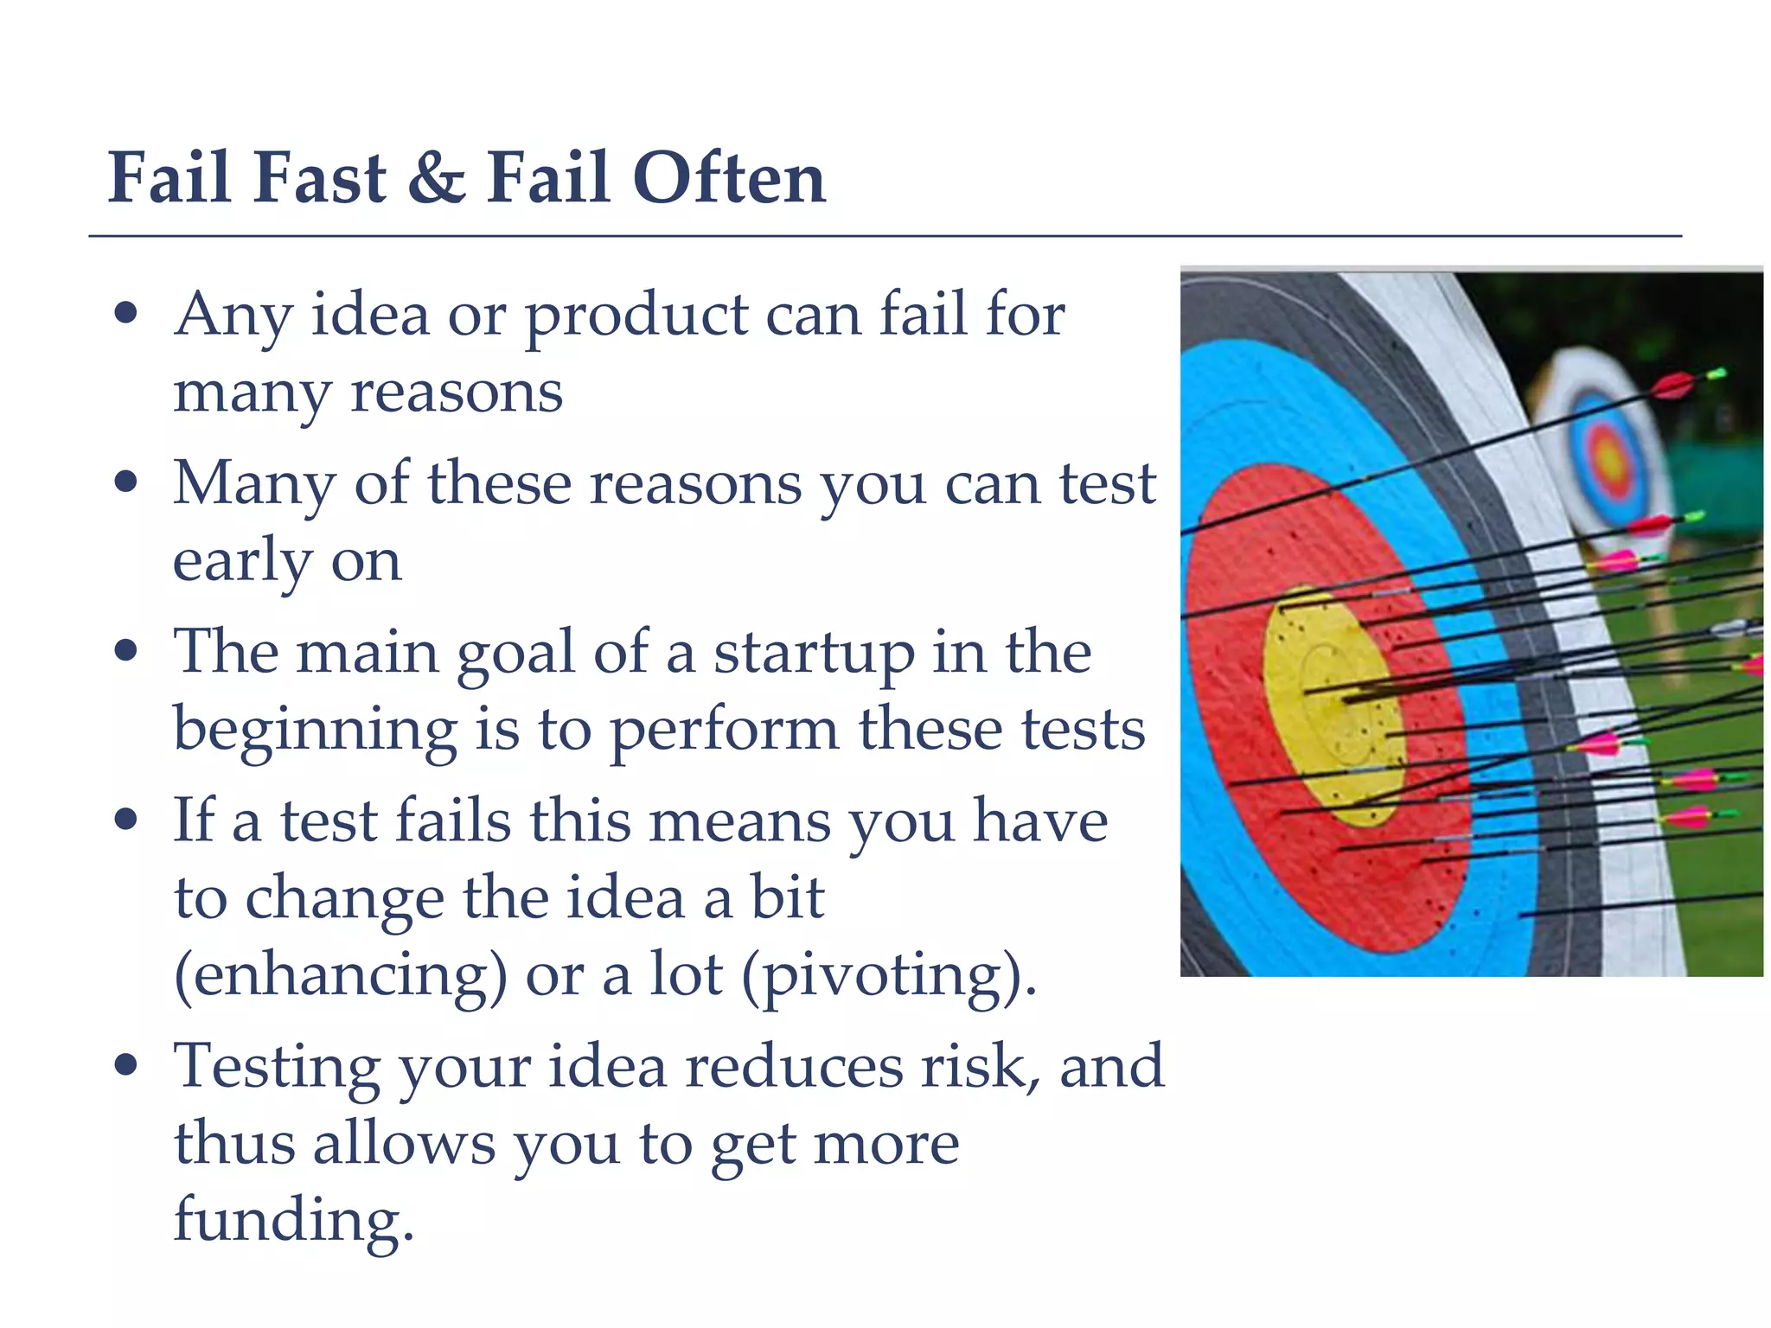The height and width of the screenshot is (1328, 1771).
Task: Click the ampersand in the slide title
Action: pyautogui.click(x=437, y=179)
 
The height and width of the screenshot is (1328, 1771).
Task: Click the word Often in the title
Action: pyautogui.click(x=728, y=179)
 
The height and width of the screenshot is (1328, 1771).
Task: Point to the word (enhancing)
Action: pyautogui.click(x=341, y=975)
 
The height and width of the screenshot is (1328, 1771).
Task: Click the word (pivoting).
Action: pyautogui.click(x=889, y=975)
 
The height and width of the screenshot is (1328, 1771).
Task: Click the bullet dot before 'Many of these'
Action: pyautogui.click(x=126, y=481)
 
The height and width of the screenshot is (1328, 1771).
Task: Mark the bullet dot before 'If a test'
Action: pyautogui.click(x=126, y=818)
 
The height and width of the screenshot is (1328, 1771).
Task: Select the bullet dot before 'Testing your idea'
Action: pyautogui.click(x=126, y=1064)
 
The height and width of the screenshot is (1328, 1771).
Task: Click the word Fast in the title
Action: pyautogui.click(x=320, y=179)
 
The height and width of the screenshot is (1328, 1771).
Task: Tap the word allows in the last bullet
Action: pyautogui.click(x=404, y=1144)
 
